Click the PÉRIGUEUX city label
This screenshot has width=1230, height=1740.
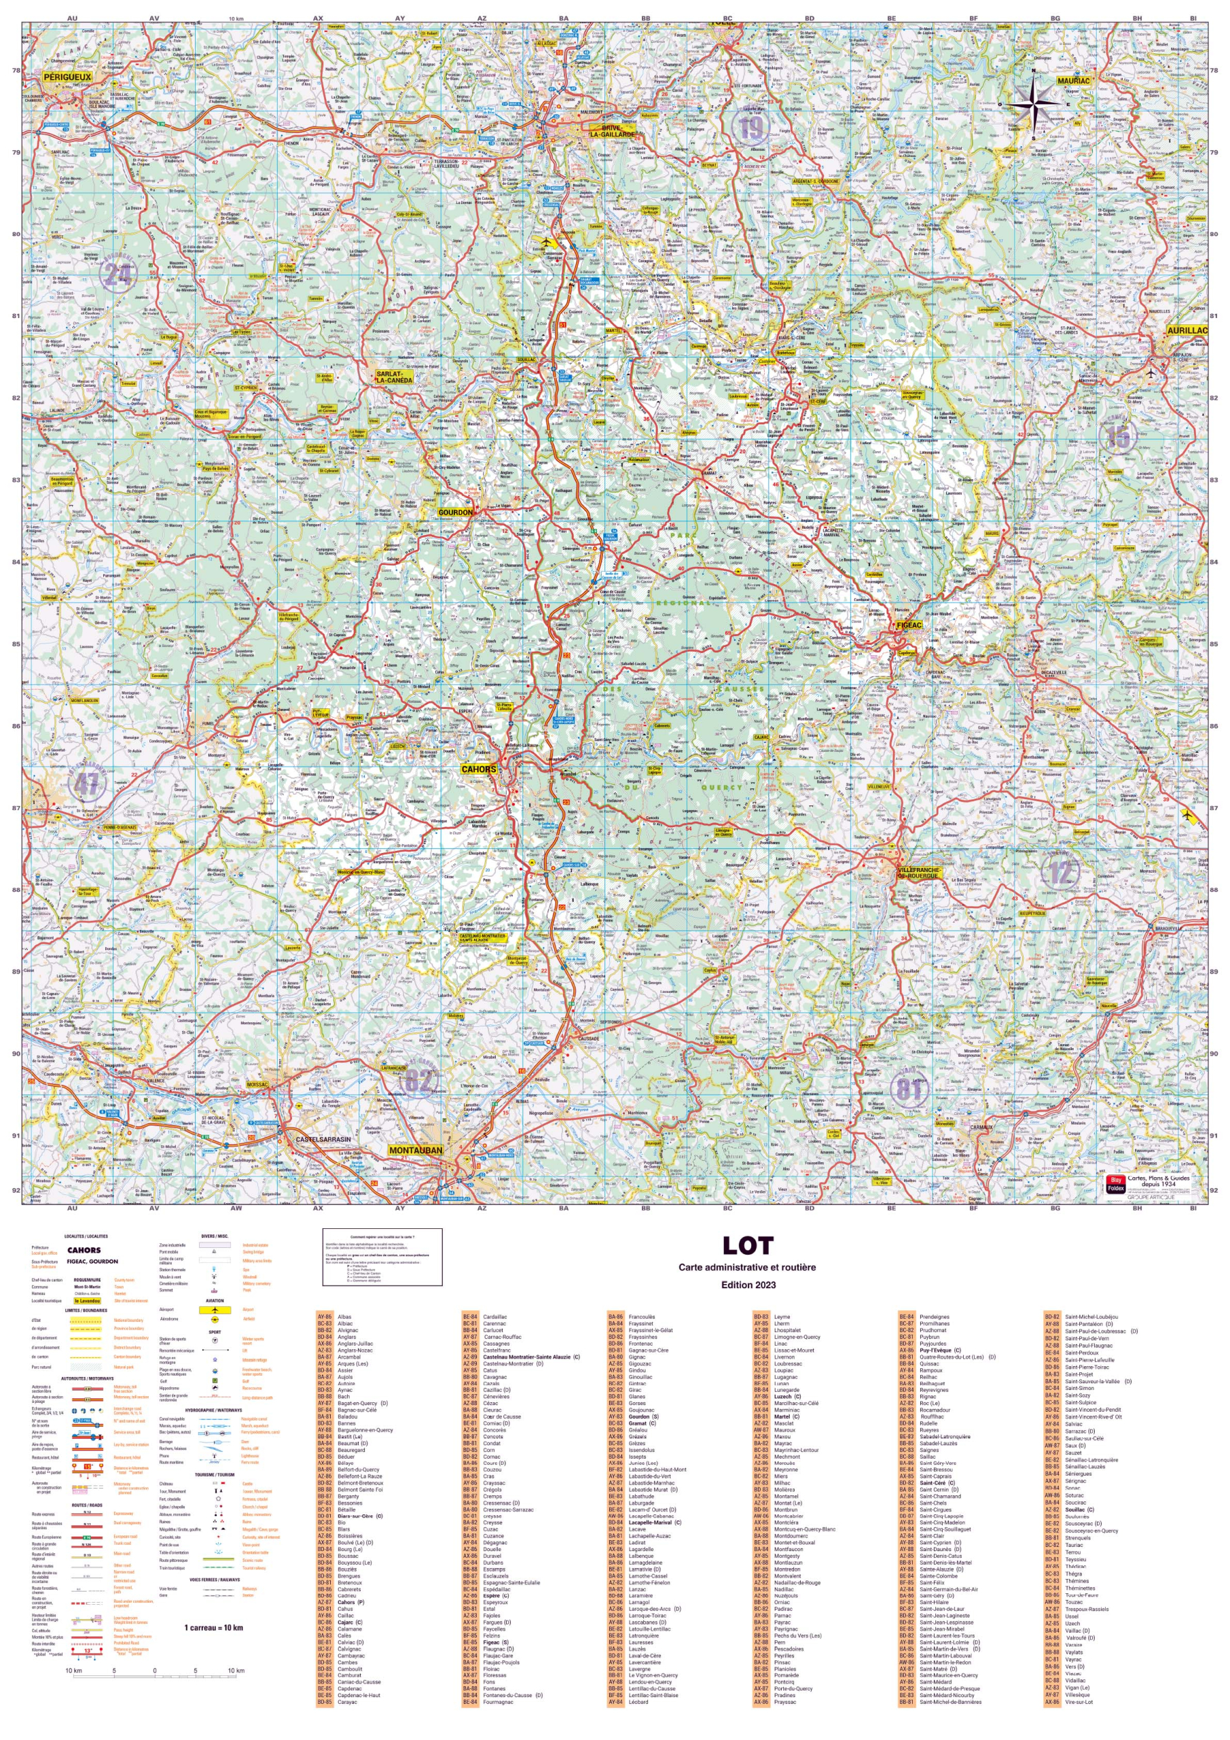click(x=67, y=77)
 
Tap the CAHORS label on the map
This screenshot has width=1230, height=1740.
click(x=479, y=769)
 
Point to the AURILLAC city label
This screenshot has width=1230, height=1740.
click(x=1187, y=331)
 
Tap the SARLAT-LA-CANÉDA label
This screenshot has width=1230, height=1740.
click(x=395, y=377)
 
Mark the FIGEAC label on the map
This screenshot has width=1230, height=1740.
click(x=909, y=625)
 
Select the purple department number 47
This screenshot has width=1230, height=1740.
click(x=86, y=784)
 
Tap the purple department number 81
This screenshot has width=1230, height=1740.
click(x=909, y=1090)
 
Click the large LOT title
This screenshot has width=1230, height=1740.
click(x=747, y=1246)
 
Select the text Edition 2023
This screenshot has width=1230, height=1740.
click(x=747, y=1285)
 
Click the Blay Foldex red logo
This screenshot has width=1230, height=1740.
click(x=1115, y=1185)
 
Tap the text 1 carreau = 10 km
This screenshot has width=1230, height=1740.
click(x=213, y=1627)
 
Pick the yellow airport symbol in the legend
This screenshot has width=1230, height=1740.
click(x=215, y=1310)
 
